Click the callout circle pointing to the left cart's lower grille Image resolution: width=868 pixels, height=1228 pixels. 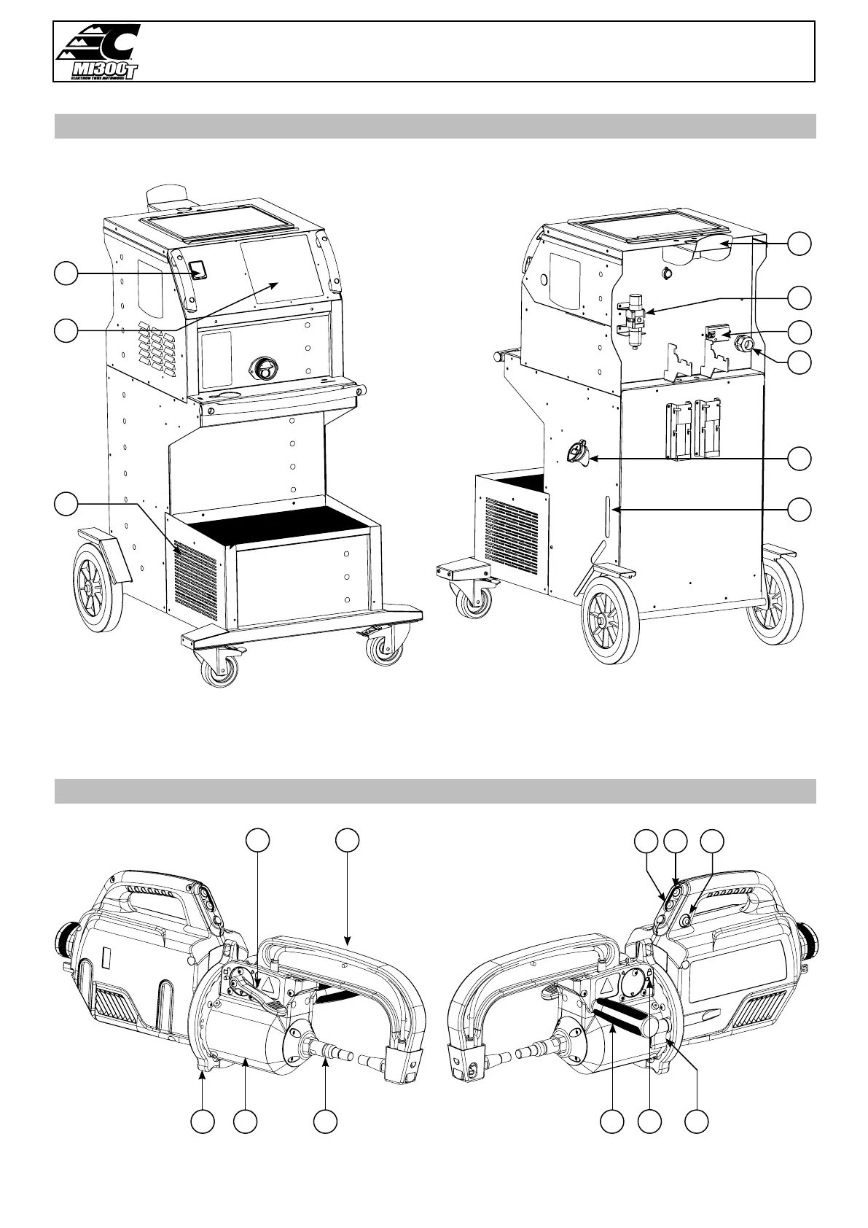[66, 503]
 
